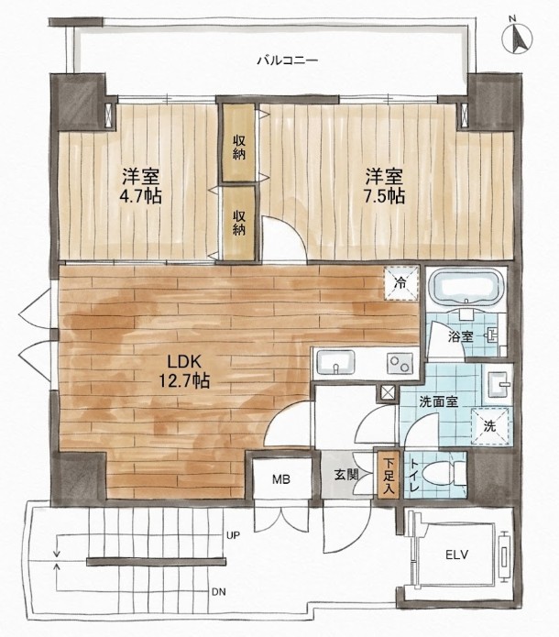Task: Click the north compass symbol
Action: click(517, 37)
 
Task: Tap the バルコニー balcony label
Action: click(288, 61)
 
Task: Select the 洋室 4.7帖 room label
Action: click(140, 186)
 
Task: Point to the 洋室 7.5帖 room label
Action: click(384, 186)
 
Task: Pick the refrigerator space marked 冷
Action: click(401, 283)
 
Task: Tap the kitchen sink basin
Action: click(336, 362)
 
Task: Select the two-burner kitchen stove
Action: click(400, 364)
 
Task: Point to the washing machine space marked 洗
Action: click(490, 426)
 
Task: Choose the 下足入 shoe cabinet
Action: click(389, 473)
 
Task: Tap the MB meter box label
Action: click(281, 479)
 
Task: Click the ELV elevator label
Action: click(458, 555)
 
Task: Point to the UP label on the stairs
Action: click(233, 535)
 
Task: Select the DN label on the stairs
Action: click(219, 591)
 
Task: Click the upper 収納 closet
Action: click(239, 143)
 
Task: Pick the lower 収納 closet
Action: click(239, 223)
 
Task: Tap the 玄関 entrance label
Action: click(346, 475)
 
